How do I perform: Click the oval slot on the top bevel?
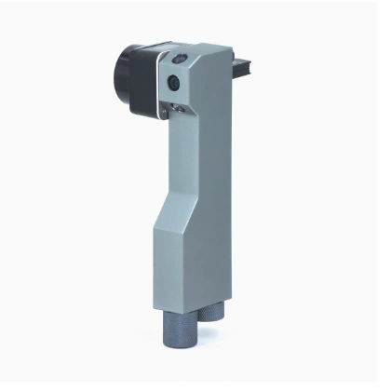pyautogui.click(x=178, y=60)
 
